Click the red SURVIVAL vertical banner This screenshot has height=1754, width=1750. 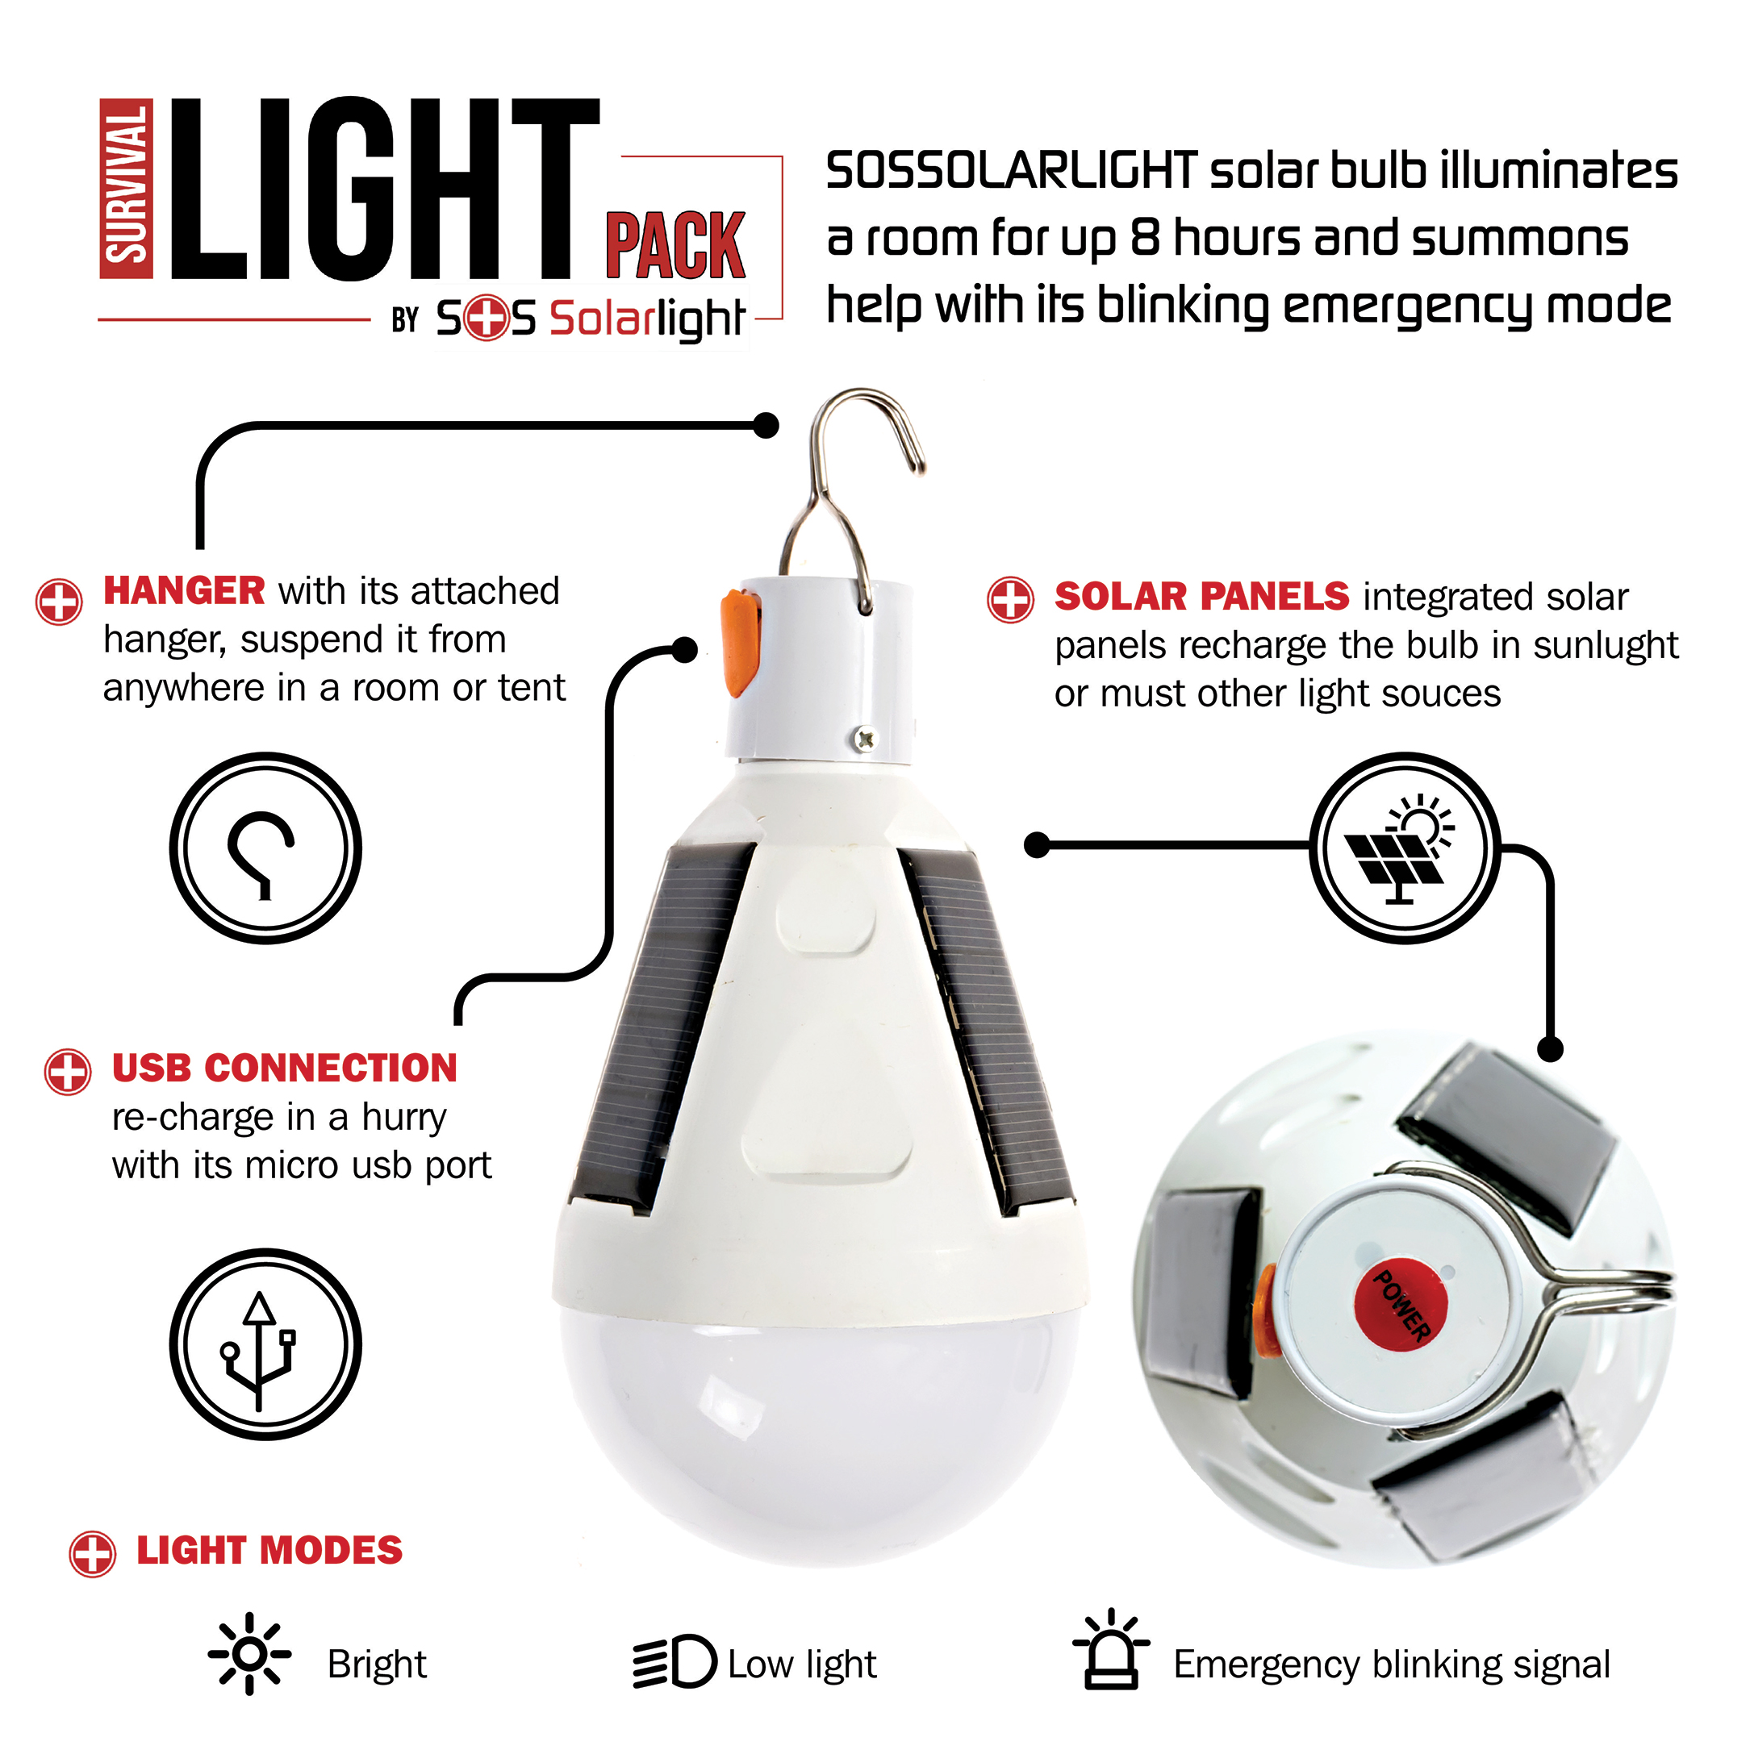[126, 188]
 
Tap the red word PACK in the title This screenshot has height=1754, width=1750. [675, 245]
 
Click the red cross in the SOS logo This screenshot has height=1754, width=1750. [486, 319]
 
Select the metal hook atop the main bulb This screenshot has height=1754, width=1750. [852, 499]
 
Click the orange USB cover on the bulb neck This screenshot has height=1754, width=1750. [740, 643]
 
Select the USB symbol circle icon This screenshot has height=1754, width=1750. [265, 1344]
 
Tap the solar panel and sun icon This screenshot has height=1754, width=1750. [1405, 848]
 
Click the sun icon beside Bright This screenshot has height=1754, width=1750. [249, 1654]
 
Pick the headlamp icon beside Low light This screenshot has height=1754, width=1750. [674, 1661]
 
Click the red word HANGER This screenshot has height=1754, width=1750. [184, 590]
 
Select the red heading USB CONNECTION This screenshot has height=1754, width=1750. [284, 1068]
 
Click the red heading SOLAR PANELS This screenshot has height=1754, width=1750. [1201, 597]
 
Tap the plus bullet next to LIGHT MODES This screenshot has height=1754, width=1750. [93, 1553]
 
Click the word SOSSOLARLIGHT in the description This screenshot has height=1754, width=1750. [1012, 171]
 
